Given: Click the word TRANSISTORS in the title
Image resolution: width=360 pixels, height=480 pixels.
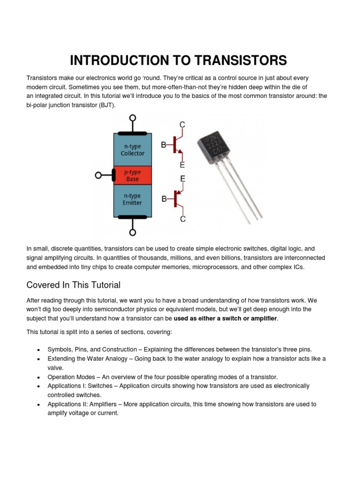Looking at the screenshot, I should pos(240,60).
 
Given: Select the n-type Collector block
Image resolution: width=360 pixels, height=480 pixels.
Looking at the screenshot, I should pos(133,150).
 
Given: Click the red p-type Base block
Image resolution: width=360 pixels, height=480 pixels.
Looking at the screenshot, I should pos(133,175).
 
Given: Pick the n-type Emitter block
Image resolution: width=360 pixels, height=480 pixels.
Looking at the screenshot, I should pos(133,200).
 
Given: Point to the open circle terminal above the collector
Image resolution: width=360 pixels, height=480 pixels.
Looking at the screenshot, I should pos(133,118).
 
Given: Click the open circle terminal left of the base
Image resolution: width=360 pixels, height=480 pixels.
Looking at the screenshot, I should pos(98,175).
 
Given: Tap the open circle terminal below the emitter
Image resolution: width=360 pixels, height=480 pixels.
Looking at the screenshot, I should pos(133,232).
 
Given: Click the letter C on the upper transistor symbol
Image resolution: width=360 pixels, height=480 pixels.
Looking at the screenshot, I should pos(182,124).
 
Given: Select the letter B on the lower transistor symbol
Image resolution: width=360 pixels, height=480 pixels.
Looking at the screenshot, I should pos(164,199).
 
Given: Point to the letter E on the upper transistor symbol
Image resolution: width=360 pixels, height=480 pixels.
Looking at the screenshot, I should pos(182,165).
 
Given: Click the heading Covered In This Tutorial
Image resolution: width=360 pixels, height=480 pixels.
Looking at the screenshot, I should pos(74,285).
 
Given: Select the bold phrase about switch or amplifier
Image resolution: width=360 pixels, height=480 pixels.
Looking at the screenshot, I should pos(225,319).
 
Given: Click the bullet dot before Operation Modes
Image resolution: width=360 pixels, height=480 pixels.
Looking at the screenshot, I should pos(37,377).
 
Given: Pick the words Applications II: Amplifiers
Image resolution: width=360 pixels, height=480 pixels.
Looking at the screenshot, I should pos(80,404).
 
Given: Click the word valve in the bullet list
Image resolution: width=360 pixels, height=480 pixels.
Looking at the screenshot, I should pos(55,368).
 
